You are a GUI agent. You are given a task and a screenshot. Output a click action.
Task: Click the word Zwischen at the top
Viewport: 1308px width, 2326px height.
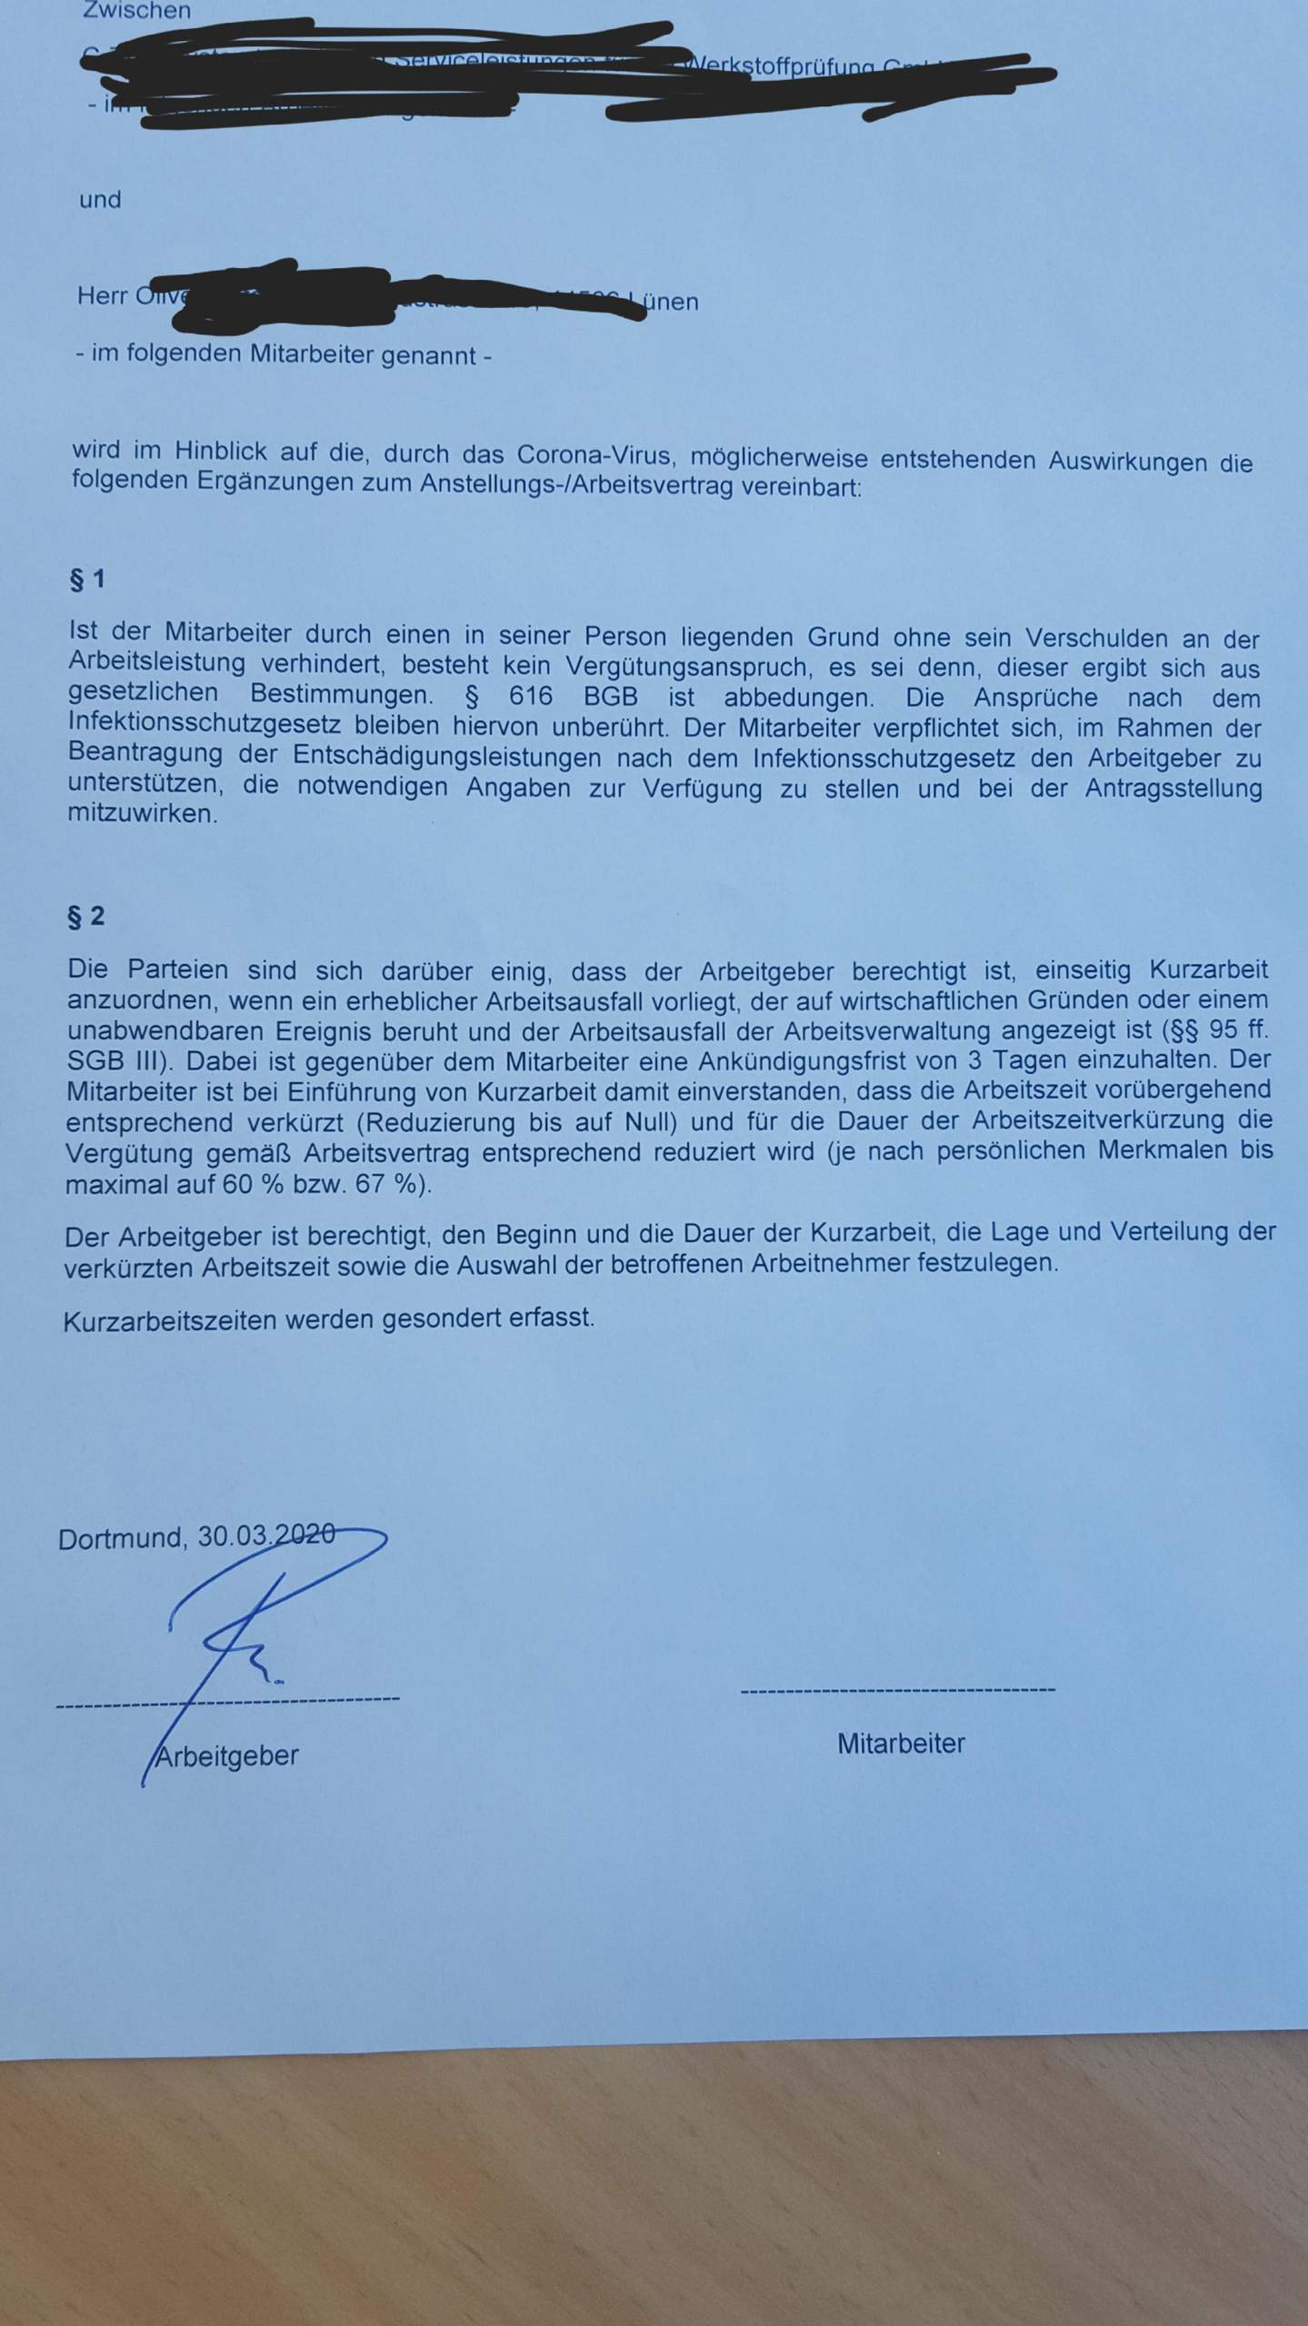coord(136,12)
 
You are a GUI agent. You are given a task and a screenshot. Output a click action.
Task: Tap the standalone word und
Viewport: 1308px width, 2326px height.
coord(100,200)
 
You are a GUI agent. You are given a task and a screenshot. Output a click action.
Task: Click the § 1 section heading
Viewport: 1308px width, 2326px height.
coord(87,580)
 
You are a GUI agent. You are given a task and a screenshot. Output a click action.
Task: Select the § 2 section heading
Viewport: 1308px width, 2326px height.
coord(86,917)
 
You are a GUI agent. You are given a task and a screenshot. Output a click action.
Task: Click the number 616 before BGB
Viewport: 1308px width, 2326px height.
coord(531,697)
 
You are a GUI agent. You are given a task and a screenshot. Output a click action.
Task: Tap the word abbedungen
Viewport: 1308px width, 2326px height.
coord(798,698)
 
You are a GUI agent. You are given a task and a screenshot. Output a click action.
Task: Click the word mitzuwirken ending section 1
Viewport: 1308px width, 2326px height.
coord(143,813)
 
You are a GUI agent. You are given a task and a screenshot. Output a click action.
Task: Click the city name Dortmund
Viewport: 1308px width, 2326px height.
coord(121,1538)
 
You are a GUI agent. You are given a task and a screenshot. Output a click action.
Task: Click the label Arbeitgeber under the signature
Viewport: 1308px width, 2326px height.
coord(227,1755)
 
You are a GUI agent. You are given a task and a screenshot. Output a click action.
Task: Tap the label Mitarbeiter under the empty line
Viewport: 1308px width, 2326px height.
coord(901,1744)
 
